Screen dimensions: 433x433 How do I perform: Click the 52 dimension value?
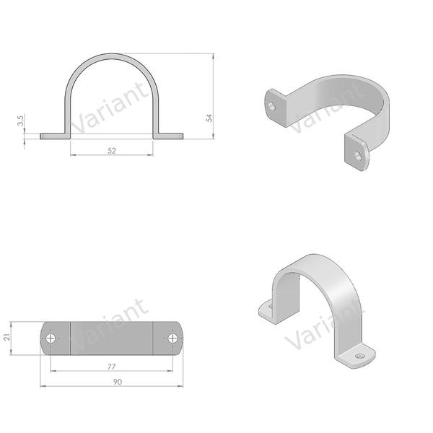coord(112,150)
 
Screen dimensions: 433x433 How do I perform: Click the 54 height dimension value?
coord(210,118)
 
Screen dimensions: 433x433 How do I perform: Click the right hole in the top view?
coord(173,338)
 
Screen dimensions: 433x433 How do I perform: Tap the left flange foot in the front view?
coord(55,136)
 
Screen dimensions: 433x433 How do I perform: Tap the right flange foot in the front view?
coord(169,136)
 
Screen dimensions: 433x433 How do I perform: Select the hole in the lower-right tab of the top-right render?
coord(359,153)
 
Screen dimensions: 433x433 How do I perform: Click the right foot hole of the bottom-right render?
coord(359,355)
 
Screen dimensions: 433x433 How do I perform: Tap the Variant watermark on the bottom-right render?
coord(312,334)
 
